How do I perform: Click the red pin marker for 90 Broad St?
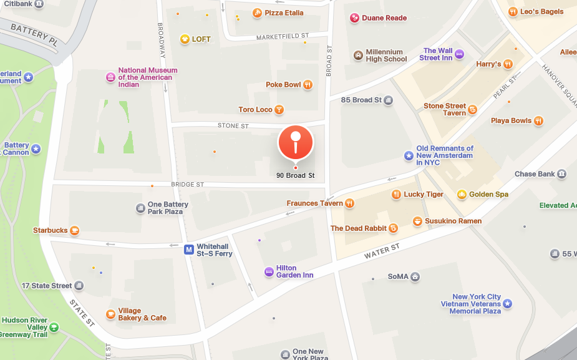pos(295,142)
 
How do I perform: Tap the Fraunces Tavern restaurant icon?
pos(349,203)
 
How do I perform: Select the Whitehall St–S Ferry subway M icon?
pos(188,250)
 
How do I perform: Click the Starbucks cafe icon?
pos(75,230)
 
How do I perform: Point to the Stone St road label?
pos(233,126)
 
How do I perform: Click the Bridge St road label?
pos(188,185)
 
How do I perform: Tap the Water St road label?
pos(382,250)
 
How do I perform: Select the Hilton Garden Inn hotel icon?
pos(269,271)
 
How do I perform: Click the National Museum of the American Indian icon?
pos(110,77)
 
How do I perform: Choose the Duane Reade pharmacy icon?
pos(354,18)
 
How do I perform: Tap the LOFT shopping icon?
pos(185,39)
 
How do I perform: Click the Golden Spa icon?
pos(462,194)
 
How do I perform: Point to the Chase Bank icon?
pos(562,173)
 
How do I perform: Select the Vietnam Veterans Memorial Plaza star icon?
pos(508,304)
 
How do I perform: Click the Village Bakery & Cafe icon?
pos(110,314)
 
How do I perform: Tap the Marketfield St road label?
pos(283,37)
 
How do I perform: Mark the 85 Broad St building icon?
pos(388,100)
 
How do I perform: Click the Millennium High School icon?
pos(358,56)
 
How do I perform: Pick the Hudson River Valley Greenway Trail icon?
pos(54,327)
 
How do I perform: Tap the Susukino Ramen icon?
pos(417,221)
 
